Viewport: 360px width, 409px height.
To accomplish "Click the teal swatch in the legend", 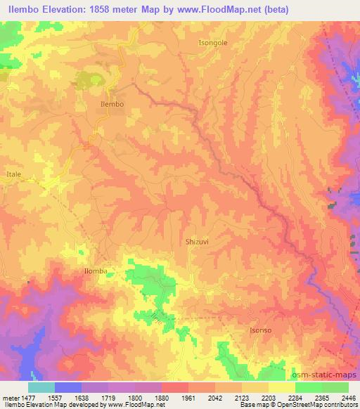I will coord(41,387).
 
